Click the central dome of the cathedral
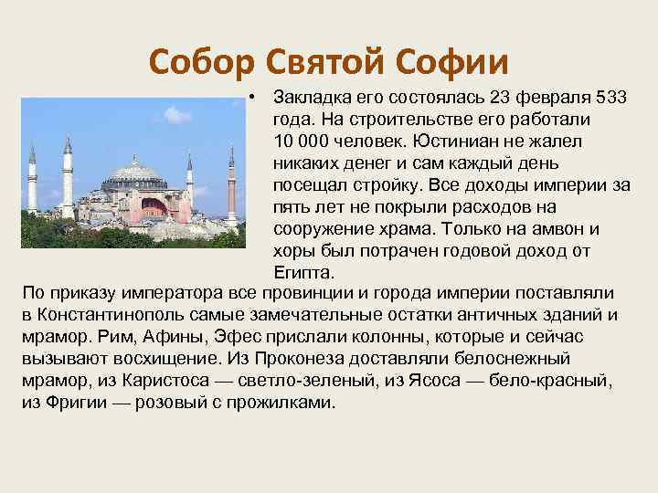(x=134, y=172)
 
